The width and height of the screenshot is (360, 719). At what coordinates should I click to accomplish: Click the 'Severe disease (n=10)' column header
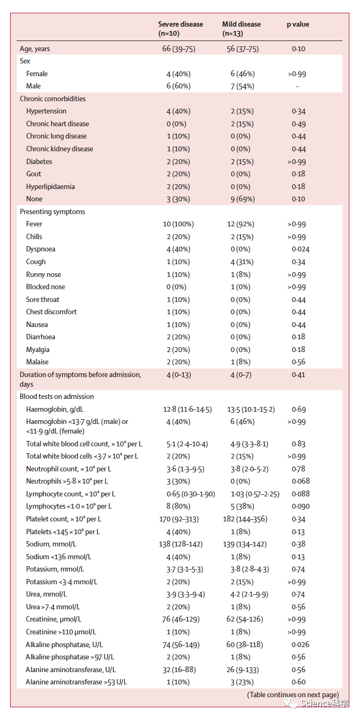[180, 29]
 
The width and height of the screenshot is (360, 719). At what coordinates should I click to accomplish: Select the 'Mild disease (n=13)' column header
[241, 29]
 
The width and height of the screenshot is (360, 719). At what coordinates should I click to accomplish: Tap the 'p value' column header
[298, 24]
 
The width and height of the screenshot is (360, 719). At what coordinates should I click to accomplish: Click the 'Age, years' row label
[35, 49]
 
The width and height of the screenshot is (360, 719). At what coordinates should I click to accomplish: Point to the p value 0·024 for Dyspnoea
[300, 249]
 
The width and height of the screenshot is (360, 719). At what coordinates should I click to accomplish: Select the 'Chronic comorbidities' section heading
[52, 99]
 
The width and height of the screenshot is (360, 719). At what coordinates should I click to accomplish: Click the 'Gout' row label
[34, 174]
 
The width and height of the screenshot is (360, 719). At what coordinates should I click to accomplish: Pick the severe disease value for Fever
[178, 224]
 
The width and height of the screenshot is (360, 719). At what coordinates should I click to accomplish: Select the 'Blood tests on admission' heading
[56, 397]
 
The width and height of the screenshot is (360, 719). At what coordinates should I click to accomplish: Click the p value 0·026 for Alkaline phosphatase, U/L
[300, 645]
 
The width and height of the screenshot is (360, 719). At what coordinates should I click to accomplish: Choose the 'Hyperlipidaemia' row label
[51, 187]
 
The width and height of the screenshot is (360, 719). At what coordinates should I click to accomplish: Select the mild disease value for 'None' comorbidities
[242, 199]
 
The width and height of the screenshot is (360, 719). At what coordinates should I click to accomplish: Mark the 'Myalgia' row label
[38, 350]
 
